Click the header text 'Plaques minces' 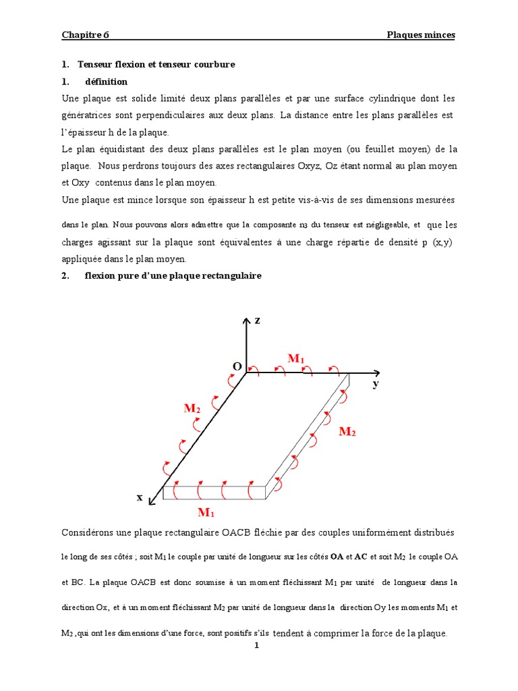coord(420,35)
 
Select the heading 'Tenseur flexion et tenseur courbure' coord(156,65)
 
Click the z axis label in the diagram coord(257,321)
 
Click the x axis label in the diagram coord(140,497)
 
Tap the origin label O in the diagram coord(237,366)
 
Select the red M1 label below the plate coord(206,512)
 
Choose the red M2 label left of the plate coord(192,408)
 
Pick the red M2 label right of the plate coord(347,431)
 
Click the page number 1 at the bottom coord(257,645)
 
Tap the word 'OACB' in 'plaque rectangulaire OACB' coord(240,533)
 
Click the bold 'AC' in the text coord(362,557)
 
